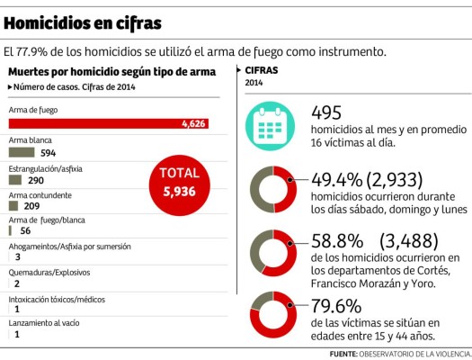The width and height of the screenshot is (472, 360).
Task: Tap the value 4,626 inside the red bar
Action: click(194, 123)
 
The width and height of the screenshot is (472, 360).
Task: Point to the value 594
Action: click(49, 153)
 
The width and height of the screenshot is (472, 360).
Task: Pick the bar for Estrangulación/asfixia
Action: click(15, 179)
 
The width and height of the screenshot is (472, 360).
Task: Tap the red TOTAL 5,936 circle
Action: click(184, 181)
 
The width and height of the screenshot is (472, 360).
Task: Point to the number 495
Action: click(328, 112)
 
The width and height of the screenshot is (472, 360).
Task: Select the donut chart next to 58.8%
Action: click(272, 253)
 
